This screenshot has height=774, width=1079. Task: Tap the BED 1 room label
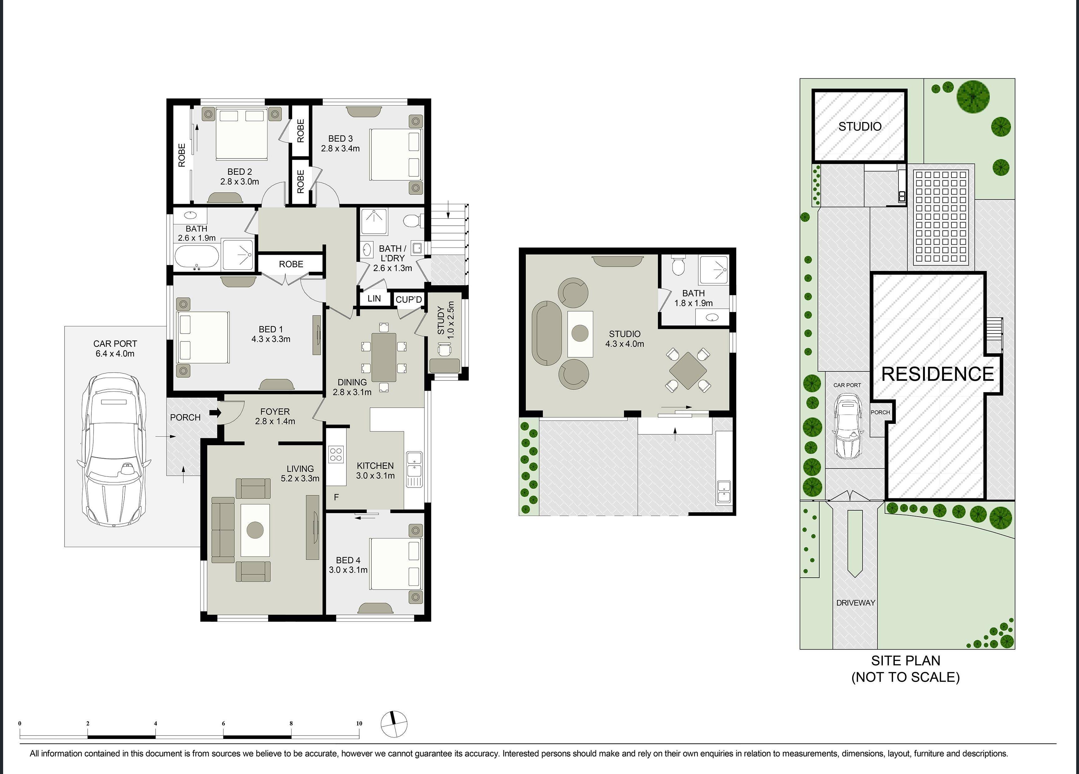click(271, 329)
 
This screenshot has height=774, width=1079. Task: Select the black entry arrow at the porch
click(215, 412)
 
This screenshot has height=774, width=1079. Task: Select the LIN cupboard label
click(374, 298)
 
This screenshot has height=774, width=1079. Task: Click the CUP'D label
click(409, 299)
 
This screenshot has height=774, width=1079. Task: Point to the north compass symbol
click(394, 724)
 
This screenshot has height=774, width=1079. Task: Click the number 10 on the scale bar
click(359, 723)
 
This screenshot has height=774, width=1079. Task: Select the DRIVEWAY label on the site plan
click(855, 603)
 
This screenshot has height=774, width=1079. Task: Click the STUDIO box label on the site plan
click(860, 127)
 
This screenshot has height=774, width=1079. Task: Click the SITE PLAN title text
click(905, 661)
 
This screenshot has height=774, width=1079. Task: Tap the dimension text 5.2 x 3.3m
click(300, 478)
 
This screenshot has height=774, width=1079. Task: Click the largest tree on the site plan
click(973, 97)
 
